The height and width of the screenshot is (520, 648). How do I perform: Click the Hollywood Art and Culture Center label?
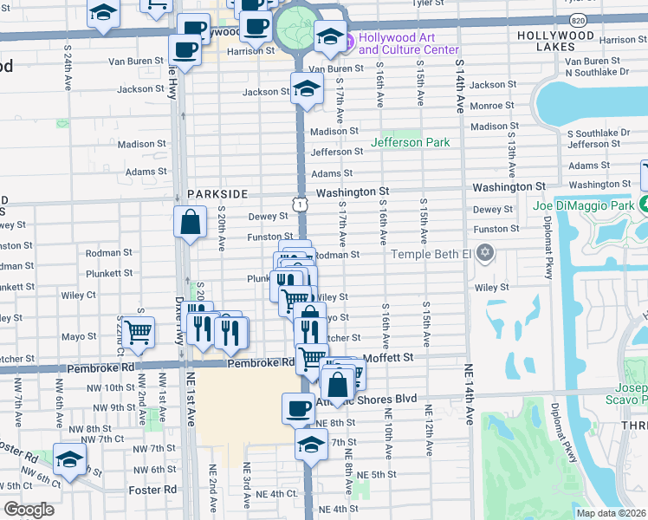pos(408,43)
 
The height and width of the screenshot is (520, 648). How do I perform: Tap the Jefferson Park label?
pos(410,142)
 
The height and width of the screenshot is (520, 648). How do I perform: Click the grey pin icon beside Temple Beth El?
pos(485,254)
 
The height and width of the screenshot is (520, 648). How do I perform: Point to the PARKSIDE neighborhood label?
pos(217,194)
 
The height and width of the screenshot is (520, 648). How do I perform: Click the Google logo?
pos(29,509)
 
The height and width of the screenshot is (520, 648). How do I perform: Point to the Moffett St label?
pos(386,356)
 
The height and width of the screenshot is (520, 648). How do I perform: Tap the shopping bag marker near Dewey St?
pos(190,221)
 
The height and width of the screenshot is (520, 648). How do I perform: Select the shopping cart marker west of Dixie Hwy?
pos(139,331)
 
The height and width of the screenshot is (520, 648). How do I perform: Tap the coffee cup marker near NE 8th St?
pos(298,407)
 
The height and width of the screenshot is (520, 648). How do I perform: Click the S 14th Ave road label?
pos(458,91)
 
